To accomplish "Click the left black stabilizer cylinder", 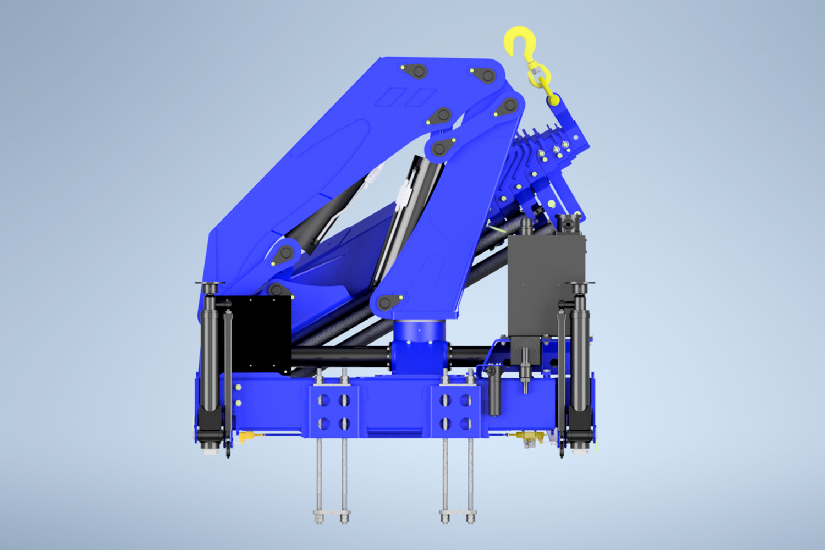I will pyautogui.click(x=210, y=358).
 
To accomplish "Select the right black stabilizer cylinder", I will pyautogui.click(x=580, y=358).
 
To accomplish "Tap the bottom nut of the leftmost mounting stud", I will pyautogui.click(x=319, y=517).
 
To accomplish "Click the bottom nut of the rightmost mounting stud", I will pyautogui.click(x=471, y=517).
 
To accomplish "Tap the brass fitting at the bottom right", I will pyautogui.click(x=528, y=437).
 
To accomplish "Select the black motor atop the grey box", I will pyautogui.click(x=566, y=223).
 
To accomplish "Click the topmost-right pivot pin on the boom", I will pyautogui.click(x=509, y=105).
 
